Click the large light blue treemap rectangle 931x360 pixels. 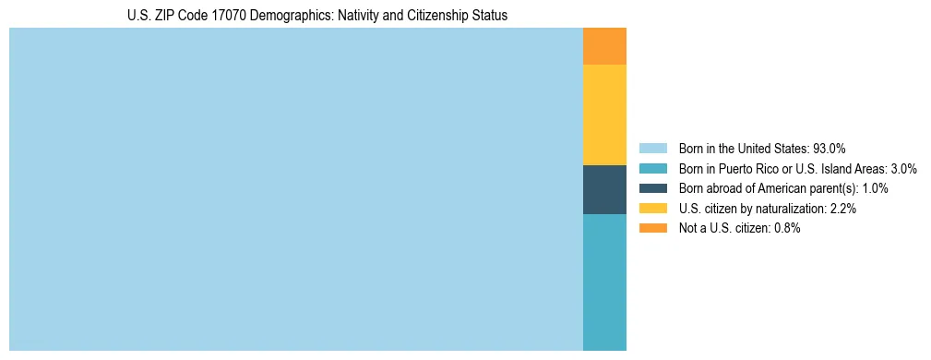[295, 189]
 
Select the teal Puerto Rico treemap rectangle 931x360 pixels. [604, 282]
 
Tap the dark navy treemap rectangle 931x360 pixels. [604, 189]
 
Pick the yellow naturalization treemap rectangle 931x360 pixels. [604, 114]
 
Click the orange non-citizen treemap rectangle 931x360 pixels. [604, 46]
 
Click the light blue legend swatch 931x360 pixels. [652, 149]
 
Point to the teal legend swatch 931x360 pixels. [652, 169]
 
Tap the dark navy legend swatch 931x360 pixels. [652, 188]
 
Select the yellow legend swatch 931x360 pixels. [652, 209]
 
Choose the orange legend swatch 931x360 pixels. [652, 228]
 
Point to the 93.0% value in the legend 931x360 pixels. [830, 149]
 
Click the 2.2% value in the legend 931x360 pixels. [843, 209]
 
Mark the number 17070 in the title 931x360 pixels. [225, 16]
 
